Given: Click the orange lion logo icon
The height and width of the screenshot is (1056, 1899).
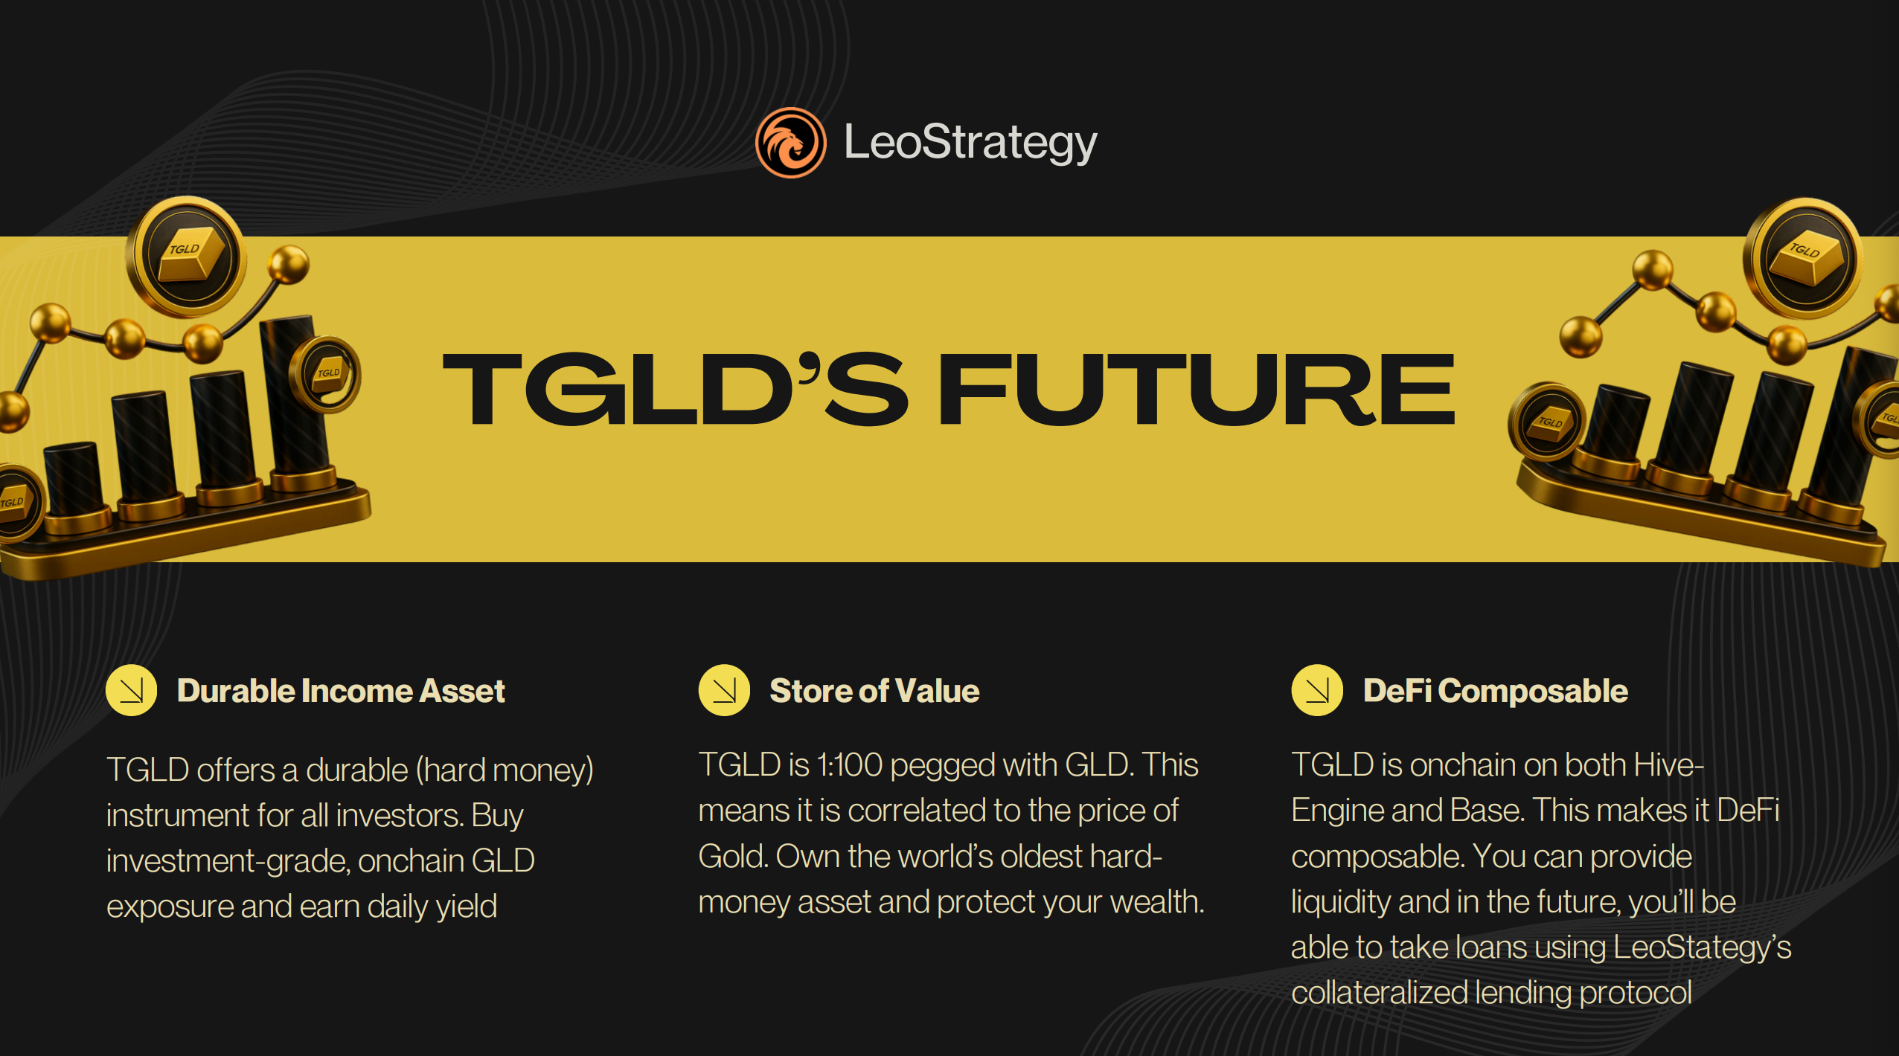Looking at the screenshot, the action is (x=790, y=143).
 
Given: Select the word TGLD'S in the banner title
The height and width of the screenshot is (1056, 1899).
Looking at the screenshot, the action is (x=675, y=389).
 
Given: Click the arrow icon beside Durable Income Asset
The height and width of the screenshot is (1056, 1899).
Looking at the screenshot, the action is (x=131, y=690).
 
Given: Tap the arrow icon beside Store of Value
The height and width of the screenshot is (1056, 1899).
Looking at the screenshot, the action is (x=724, y=690).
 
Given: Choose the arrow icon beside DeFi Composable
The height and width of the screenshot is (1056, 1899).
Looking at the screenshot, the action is (x=1317, y=690).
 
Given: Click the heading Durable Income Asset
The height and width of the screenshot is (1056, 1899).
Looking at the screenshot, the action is (x=341, y=691).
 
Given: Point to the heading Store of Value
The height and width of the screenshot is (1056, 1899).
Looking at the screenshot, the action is (x=874, y=691).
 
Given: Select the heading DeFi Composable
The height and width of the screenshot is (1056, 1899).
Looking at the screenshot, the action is (x=1496, y=691).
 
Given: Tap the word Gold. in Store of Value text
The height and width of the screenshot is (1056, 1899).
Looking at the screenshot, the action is (x=734, y=856).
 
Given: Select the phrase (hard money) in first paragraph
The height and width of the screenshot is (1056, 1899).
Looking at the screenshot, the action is (x=505, y=770).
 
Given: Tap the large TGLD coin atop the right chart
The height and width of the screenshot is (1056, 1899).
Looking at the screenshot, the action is (x=1804, y=258).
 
